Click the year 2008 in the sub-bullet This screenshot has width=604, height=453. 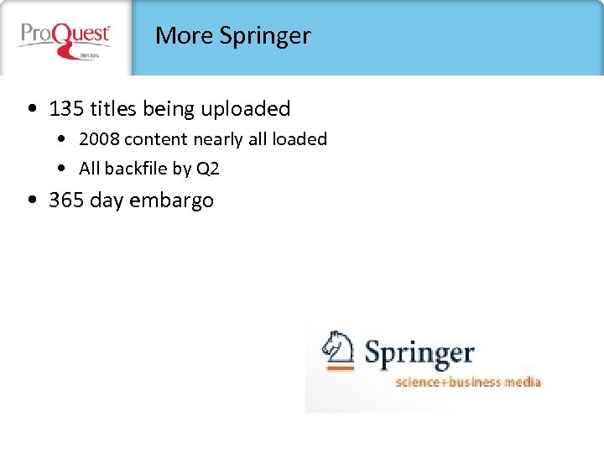click(x=99, y=139)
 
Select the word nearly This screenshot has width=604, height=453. click(x=218, y=139)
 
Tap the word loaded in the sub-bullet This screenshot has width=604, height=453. click(x=299, y=139)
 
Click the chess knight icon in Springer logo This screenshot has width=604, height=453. click(x=340, y=350)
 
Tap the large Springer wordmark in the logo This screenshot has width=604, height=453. click(x=419, y=352)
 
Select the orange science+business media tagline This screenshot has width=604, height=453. click(x=468, y=383)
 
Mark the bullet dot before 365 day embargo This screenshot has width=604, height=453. click(x=31, y=200)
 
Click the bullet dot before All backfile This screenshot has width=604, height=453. click(x=65, y=169)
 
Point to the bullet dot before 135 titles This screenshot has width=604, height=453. click(x=31, y=109)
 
